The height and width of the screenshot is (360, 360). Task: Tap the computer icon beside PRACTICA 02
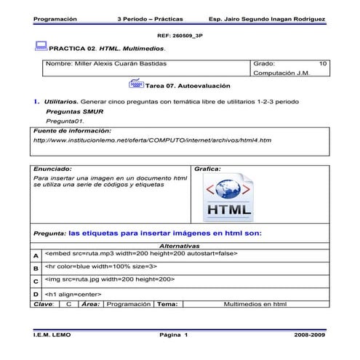[x=41, y=47]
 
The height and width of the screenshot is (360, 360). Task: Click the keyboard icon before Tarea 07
[x=135, y=84]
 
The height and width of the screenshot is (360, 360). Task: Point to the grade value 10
[x=324, y=64]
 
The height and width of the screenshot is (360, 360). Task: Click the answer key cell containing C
[x=68, y=303]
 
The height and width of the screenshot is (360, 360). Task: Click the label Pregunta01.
[x=60, y=120]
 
